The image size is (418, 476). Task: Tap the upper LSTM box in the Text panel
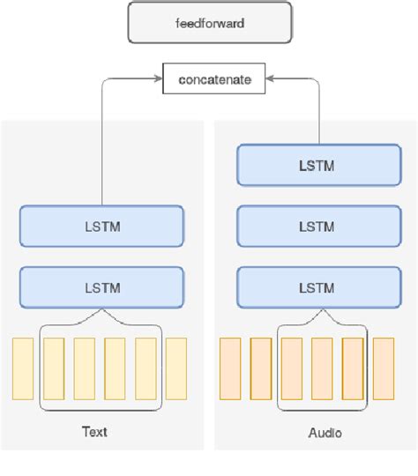101,226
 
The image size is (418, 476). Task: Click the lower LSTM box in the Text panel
101,287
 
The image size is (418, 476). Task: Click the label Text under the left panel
94,433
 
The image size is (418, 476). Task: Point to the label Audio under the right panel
325,433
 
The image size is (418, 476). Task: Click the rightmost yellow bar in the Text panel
176,369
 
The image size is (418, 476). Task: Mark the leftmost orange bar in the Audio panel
229,369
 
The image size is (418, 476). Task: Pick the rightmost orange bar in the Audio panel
383,369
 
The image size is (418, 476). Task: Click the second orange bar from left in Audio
260,369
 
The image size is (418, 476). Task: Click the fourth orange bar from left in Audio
322,369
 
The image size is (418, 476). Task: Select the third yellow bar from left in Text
85,369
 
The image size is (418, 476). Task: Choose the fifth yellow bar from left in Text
146,369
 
